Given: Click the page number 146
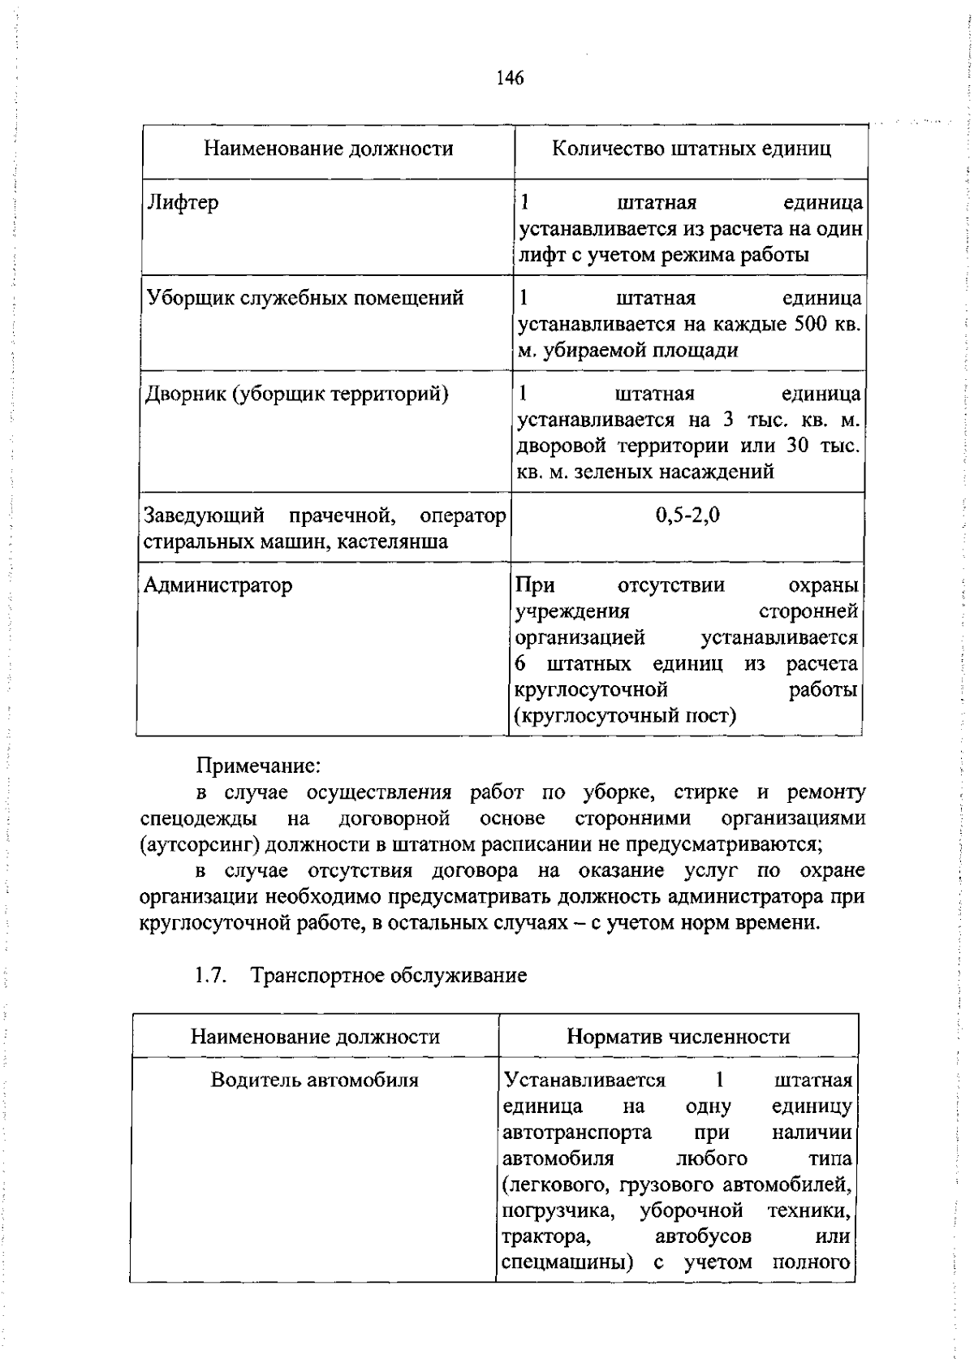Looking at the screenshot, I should [510, 78].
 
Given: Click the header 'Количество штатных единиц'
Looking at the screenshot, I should [691, 149].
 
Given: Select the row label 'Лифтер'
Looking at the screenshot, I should [183, 202].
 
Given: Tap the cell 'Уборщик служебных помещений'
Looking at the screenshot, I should [305, 298].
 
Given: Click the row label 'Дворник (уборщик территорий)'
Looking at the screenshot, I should [297, 395].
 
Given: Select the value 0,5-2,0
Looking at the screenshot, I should [687, 516].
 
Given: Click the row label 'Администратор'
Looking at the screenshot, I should [218, 585].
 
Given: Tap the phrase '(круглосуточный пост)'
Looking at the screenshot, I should [626, 716].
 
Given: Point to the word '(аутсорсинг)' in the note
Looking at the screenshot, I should [199, 844].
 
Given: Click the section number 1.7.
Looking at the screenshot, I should [210, 976].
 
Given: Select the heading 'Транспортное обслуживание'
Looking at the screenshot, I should [389, 976].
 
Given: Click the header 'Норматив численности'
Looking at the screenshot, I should [678, 1037].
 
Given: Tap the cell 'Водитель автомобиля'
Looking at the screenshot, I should [315, 1081].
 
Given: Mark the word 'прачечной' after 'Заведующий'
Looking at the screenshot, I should [342, 516].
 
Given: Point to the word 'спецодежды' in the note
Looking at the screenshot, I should [199, 818].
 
